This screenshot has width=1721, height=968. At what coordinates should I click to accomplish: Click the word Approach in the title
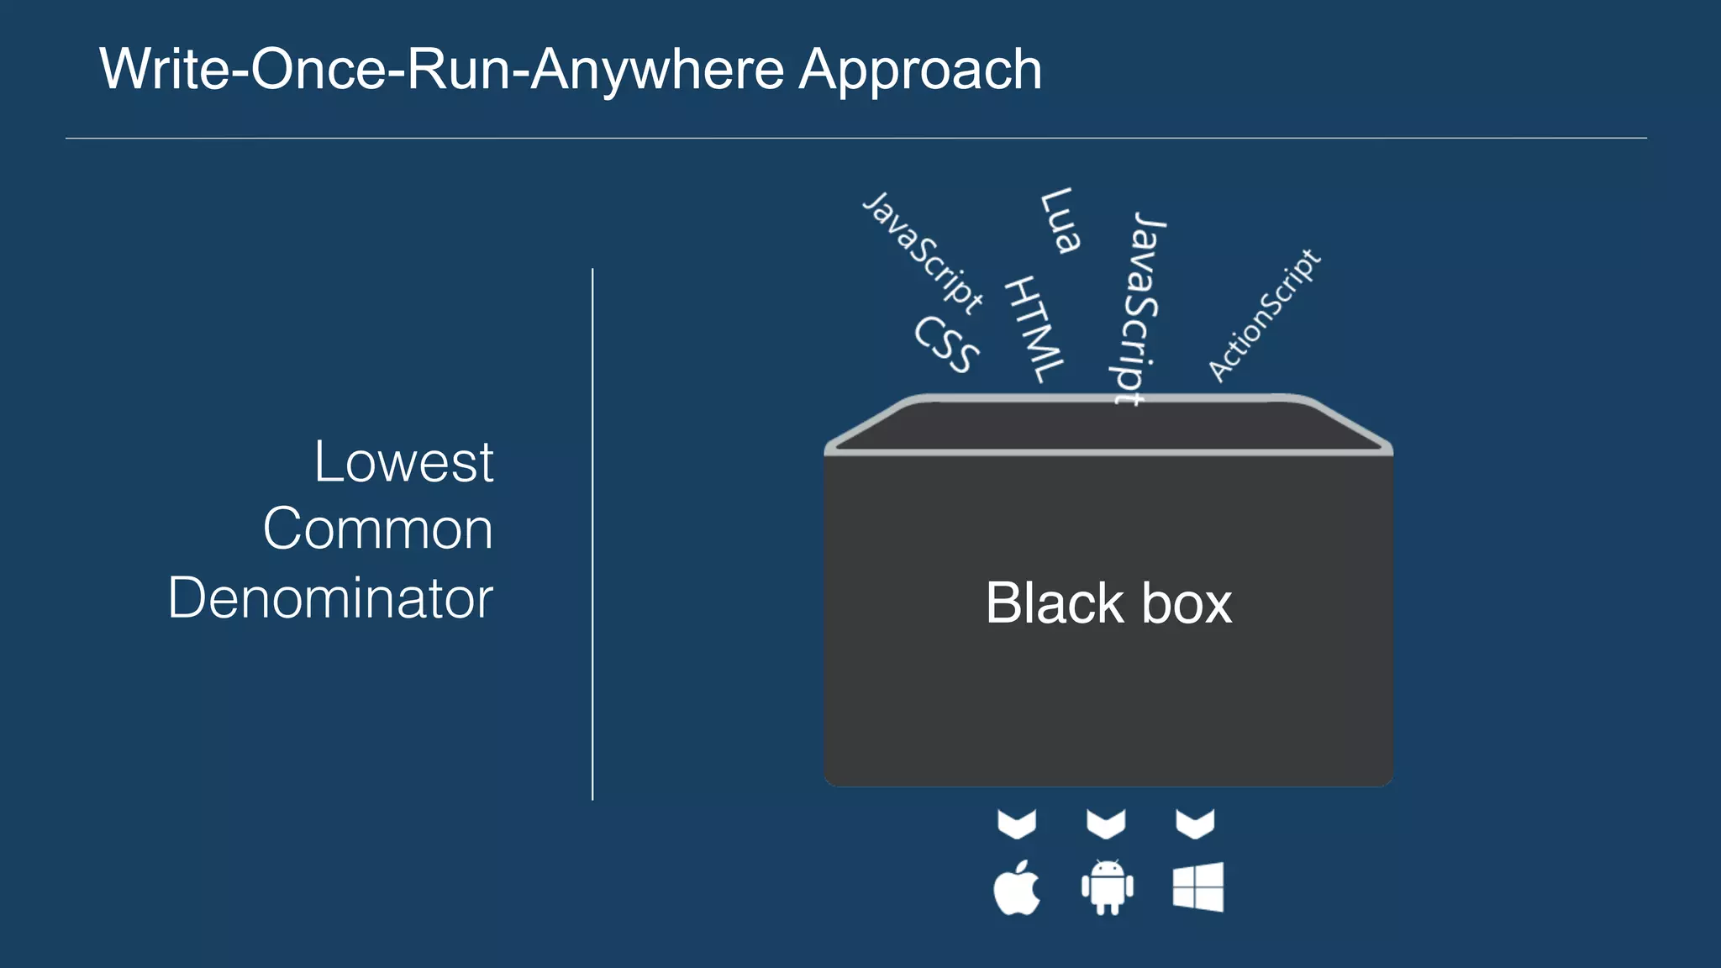(x=920, y=71)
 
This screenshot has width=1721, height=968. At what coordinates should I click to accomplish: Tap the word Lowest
(x=403, y=462)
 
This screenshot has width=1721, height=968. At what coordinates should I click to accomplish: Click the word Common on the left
(x=377, y=529)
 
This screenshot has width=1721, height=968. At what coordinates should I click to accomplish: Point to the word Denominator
(x=330, y=598)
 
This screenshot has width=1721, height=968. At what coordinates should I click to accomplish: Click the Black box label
(x=1108, y=603)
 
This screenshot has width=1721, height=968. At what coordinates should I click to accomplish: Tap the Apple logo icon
(x=1017, y=888)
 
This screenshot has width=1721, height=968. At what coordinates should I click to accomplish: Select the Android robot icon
(x=1107, y=887)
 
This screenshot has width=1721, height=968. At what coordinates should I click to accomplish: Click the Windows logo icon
(x=1197, y=887)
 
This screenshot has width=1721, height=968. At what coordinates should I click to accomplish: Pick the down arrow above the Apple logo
(x=1017, y=823)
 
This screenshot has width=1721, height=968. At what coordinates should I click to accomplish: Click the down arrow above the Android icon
(x=1106, y=823)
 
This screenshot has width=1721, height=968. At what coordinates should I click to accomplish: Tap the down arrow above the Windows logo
(x=1195, y=823)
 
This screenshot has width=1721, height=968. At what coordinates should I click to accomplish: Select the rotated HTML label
(x=1034, y=329)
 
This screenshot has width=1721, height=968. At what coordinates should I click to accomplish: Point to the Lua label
(x=1060, y=221)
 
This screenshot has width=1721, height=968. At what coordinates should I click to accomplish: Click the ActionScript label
(x=1264, y=315)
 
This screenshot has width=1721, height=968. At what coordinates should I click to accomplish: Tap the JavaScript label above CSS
(x=923, y=253)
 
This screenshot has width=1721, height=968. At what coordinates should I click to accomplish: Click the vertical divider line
(x=592, y=534)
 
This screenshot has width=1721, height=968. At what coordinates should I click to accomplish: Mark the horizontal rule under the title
(x=855, y=138)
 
